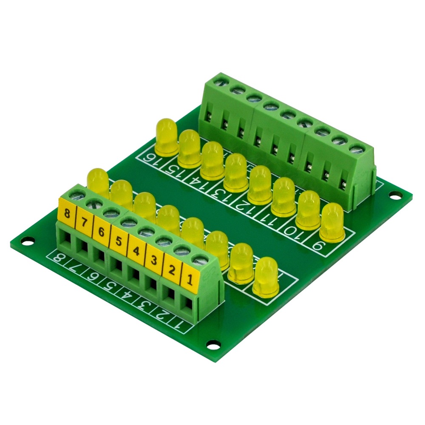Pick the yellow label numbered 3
click(x=153, y=260)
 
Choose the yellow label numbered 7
click(x=83, y=223)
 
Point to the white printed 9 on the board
click(x=328, y=247)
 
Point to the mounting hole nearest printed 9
click(x=395, y=196)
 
